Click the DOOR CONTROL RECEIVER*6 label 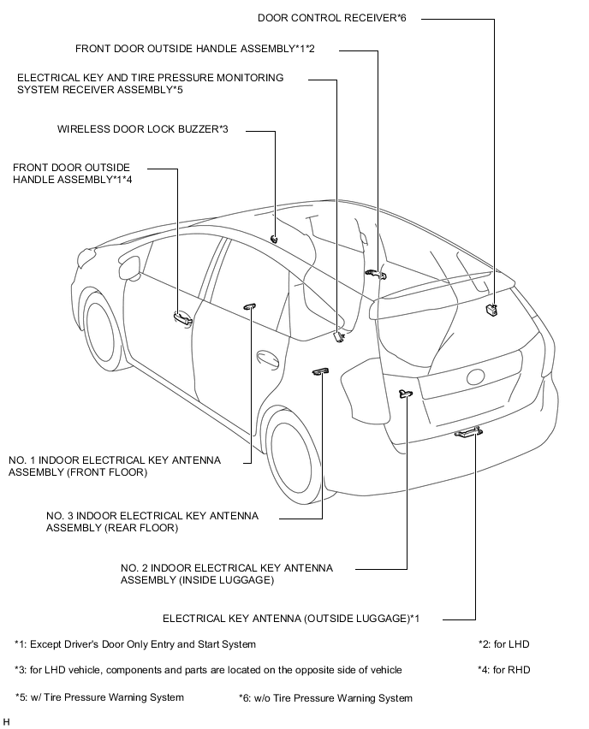click(x=331, y=17)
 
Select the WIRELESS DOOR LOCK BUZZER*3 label click(x=143, y=130)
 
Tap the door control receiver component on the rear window click(x=491, y=310)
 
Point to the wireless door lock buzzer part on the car click(x=273, y=238)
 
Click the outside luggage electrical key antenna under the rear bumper click(x=467, y=433)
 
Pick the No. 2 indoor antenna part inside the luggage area click(x=405, y=393)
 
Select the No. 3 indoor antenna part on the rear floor click(x=321, y=370)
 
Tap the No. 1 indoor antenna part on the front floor click(x=251, y=305)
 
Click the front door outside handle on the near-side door click(x=181, y=318)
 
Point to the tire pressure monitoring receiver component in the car click(x=339, y=335)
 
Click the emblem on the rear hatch click(x=476, y=377)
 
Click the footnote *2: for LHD click(x=504, y=644)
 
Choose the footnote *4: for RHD click(x=504, y=669)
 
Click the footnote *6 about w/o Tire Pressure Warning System click(x=325, y=698)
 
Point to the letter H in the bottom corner click(x=7, y=721)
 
